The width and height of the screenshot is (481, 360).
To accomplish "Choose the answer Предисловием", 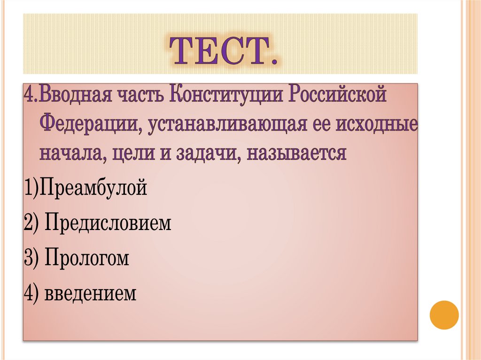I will (108, 223).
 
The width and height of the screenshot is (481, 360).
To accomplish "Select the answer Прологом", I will (87, 259).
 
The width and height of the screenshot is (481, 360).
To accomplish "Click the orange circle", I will (444, 314).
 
